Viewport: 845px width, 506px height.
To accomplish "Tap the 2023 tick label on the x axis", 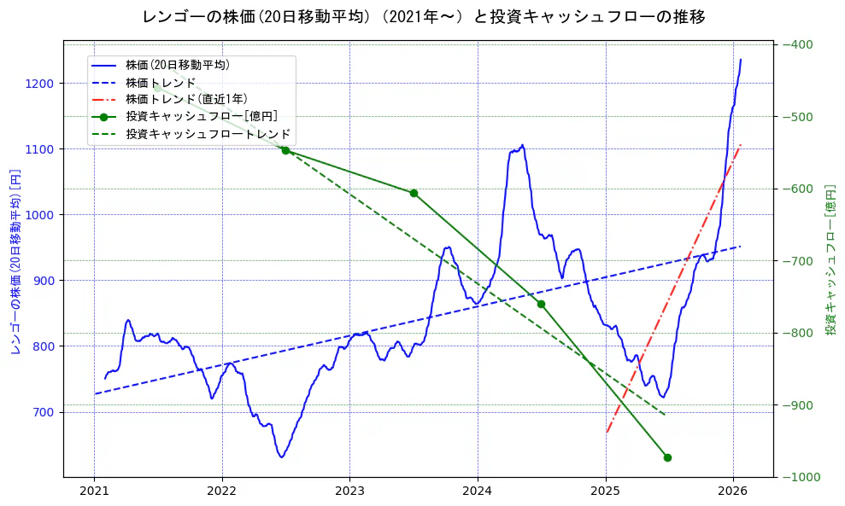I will pyautogui.click(x=349, y=491).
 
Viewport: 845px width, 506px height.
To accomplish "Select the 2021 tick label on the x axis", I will pyautogui.click(x=94, y=491).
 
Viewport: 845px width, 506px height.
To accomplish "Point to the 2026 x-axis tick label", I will pyautogui.click(x=733, y=491).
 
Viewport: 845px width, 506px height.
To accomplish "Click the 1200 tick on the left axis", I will pyautogui.click(x=40, y=84).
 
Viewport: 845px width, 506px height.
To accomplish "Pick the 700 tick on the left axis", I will pyautogui.click(x=44, y=412).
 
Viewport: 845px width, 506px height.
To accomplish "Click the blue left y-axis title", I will pyautogui.click(x=15, y=261).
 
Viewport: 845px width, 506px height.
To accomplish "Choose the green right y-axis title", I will pyautogui.click(x=830, y=259).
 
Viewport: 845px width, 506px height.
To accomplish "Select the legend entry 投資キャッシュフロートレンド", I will pyautogui.click(x=208, y=134).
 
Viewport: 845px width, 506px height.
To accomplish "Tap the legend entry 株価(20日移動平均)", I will pyautogui.click(x=177, y=65).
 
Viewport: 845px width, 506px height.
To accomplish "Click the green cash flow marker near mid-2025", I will pyautogui.click(x=667, y=457).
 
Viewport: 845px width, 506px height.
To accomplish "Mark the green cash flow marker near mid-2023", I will pyautogui.click(x=414, y=193).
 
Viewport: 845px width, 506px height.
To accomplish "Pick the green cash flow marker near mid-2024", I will pyautogui.click(x=541, y=304).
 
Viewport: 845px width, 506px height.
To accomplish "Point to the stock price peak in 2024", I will pyautogui.click(x=522, y=145).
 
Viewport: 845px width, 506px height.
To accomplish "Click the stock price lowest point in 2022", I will pyautogui.click(x=281, y=457).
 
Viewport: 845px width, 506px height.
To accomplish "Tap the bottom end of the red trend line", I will pyautogui.click(x=607, y=432).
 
